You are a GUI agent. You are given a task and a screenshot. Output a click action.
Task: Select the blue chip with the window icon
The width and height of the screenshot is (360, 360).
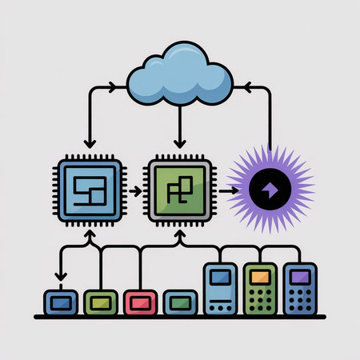tap(90, 190)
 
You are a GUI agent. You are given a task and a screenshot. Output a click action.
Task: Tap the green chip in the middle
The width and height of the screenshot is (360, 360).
tap(180, 190)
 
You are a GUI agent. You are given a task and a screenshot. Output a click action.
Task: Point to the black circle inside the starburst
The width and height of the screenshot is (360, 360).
tap(270, 190)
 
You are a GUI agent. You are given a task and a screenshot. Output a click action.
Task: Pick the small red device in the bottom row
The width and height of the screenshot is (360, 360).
tap(138, 302)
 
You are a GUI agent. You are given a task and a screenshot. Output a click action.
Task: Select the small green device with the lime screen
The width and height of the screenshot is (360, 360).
tap(98, 302)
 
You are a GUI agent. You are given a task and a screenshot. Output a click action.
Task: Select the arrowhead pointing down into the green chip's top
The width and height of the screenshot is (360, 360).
tap(180, 152)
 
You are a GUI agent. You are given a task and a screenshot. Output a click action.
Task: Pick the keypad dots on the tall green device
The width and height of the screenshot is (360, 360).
tap(259, 300)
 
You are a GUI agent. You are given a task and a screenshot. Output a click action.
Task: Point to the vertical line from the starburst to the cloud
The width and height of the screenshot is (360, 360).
tap(270, 120)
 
